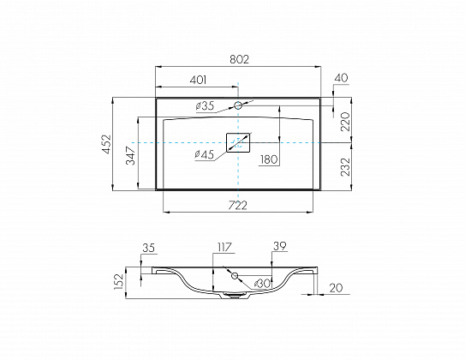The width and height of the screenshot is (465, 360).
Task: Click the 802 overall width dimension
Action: [x=239, y=59]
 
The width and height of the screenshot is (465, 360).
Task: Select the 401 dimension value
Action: [x=198, y=80]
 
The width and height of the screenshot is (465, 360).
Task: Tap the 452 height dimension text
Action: [x=106, y=144]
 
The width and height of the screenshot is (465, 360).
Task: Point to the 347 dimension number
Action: [x=130, y=155]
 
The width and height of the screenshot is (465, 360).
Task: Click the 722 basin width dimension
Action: [x=237, y=205]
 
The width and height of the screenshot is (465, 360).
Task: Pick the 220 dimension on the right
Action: [x=345, y=122]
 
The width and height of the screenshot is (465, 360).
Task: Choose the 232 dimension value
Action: [x=345, y=167]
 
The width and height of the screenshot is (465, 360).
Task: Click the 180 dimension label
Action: [x=269, y=159]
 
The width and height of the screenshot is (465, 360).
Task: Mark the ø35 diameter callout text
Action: [x=205, y=106]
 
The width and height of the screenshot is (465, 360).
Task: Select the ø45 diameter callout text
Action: [x=205, y=154]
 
